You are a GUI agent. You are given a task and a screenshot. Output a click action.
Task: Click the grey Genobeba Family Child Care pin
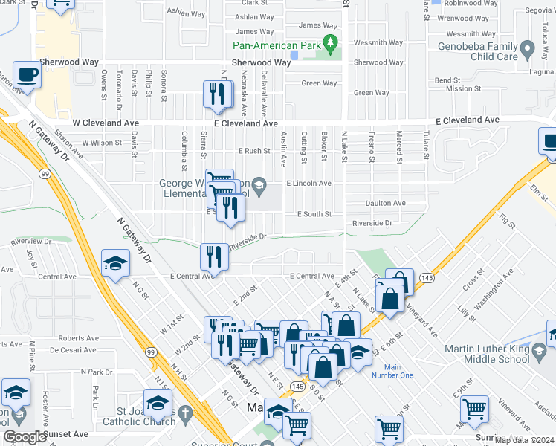(x=528, y=51)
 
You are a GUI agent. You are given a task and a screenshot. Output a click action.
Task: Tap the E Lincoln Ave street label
(x=308, y=183)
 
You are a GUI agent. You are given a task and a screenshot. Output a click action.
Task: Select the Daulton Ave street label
(x=385, y=203)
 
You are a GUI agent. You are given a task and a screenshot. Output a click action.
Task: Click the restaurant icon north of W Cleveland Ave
(x=216, y=94)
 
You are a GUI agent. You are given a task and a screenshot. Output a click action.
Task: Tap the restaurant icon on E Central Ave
(x=214, y=256)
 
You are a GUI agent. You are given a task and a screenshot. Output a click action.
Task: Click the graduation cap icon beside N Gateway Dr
(x=116, y=263)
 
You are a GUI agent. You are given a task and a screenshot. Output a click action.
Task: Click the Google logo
(x=24, y=437)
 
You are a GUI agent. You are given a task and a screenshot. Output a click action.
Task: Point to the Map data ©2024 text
(x=523, y=440)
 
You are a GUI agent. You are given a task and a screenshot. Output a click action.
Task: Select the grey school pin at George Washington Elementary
(x=259, y=185)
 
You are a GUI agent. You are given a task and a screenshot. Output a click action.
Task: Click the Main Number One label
(x=398, y=371)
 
